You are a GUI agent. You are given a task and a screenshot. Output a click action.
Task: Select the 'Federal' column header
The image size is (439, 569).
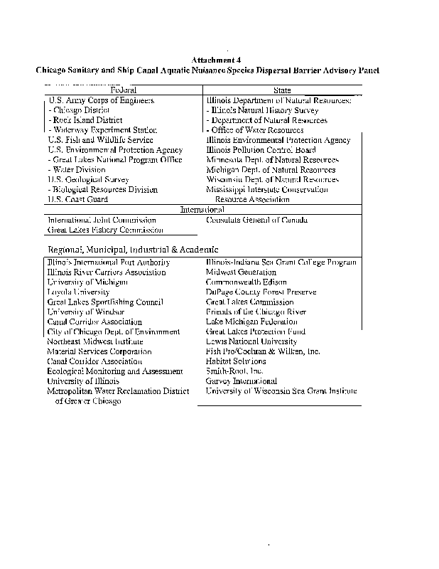(124, 90)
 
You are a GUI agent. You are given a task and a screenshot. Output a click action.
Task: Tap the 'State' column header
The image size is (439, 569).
(282, 90)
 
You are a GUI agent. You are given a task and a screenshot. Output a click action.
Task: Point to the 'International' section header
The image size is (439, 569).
(202, 210)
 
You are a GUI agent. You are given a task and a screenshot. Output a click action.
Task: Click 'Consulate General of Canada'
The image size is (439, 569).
(256, 220)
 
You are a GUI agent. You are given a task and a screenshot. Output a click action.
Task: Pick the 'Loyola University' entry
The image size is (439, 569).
(79, 292)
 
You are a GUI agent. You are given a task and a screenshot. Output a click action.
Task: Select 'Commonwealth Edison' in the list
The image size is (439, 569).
(241, 282)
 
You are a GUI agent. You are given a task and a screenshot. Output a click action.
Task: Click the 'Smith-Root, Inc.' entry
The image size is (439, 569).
(234, 371)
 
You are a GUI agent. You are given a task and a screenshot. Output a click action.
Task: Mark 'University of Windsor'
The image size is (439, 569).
(86, 312)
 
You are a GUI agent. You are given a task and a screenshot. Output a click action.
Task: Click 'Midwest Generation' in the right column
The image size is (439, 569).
(241, 272)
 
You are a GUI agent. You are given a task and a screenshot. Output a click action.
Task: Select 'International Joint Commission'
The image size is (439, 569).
(102, 220)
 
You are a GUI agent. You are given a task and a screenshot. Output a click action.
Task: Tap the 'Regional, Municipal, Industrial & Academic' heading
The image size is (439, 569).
(133, 250)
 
